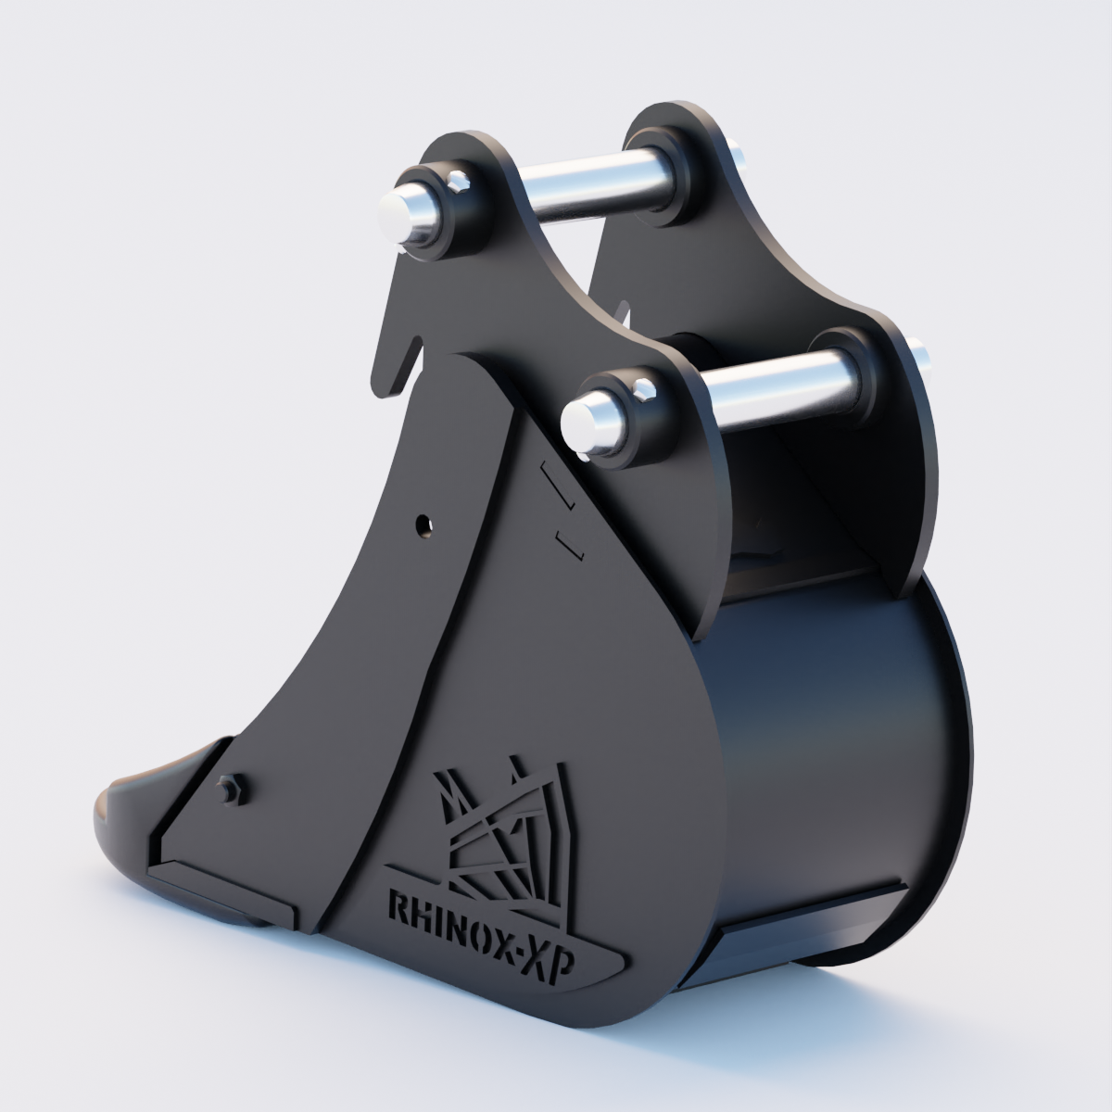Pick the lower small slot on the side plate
568,545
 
